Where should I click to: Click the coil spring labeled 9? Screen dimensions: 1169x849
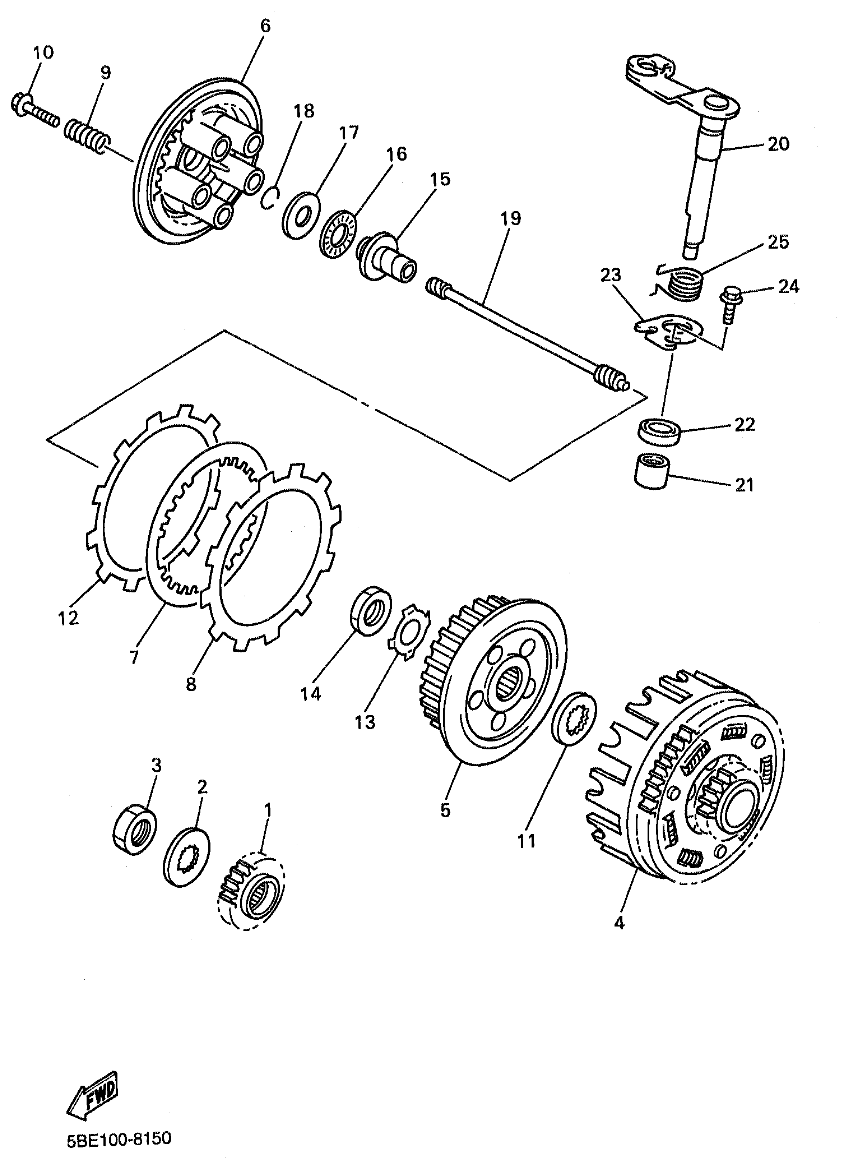coord(87,135)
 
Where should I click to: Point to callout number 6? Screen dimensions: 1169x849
coord(265,26)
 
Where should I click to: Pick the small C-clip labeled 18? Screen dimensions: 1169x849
coord(270,198)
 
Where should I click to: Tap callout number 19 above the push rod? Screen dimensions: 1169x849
coord(510,219)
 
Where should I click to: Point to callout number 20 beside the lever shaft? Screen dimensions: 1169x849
coord(778,144)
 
